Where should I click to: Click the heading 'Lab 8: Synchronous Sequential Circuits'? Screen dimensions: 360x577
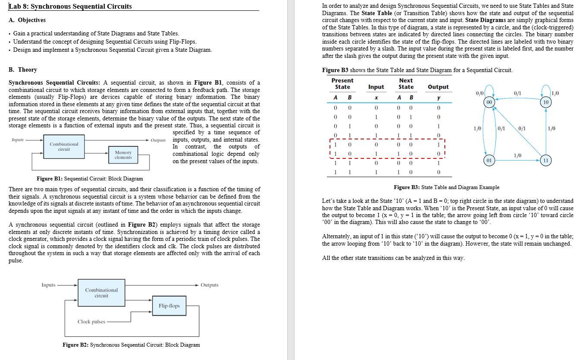(70, 6)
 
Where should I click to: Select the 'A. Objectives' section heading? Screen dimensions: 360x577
(27, 20)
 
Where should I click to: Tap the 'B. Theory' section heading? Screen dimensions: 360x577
(23, 70)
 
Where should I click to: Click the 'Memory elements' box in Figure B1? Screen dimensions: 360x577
(123, 155)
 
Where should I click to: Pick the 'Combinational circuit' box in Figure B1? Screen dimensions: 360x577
(64, 147)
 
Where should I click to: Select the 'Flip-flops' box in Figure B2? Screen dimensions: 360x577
(169, 306)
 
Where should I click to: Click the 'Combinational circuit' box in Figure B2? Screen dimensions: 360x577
(101, 293)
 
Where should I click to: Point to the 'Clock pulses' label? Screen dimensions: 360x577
(91, 322)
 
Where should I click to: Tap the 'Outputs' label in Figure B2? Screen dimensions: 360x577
(209, 285)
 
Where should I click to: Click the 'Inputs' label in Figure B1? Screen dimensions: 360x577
(18, 140)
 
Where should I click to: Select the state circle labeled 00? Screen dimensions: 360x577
(489, 102)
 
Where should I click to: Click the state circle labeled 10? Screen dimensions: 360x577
(546, 102)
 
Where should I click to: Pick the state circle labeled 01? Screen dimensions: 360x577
(489, 160)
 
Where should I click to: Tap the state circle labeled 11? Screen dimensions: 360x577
(546, 160)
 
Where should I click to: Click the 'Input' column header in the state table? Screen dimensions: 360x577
(376, 87)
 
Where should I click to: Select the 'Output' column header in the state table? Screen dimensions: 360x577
(438, 87)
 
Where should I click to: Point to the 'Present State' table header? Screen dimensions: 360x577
(342, 84)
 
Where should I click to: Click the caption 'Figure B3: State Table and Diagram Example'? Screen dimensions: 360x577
(446, 187)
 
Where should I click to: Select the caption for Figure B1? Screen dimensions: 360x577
(90, 179)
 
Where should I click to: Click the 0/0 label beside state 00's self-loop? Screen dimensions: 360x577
(479, 93)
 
